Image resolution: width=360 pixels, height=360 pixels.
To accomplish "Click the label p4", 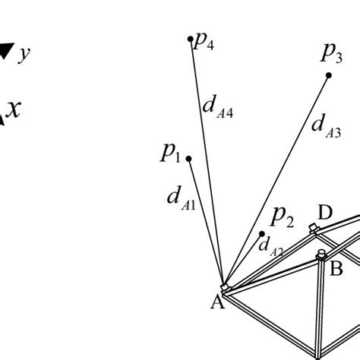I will pyautogui.click(x=204, y=41).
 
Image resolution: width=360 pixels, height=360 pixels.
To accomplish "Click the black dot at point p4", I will pyautogui.click(x=191, y=38).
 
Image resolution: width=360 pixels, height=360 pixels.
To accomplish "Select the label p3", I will pyautogui.click(x=331, y=53).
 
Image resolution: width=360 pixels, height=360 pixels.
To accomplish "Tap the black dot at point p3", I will pyautogui.click(x=329, y=75).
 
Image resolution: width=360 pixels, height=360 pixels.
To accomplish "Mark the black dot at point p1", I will pyautogui.click(x=188, y=159).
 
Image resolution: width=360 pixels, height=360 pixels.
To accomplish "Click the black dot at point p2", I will pyautogui.click(x=262, y=234).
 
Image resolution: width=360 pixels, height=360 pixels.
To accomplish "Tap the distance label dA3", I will pyautogui.click(x=325, y=125).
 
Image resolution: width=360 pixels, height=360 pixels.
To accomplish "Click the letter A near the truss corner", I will pyautogui.click(x=216, y=302).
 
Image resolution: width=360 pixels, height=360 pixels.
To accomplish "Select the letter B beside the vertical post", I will pyautogui.click(x=336, y=267).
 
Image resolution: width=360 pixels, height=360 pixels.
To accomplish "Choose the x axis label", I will pyautogui.click(x=14, y=109).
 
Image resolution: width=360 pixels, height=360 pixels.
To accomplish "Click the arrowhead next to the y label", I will pyautogui.click(x=5, y=51).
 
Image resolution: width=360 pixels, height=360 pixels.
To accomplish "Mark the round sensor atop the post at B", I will pyautogui.click(x=321, y=254).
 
